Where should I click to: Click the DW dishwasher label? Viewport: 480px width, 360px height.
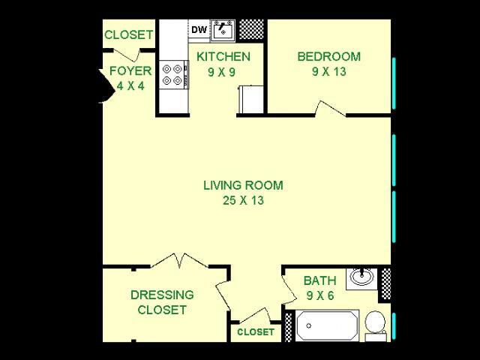point(199,30)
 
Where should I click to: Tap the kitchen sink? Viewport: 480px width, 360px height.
point(223,31)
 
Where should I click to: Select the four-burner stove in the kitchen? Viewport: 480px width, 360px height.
point(173,74)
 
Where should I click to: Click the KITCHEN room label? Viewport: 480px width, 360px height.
point(223,56)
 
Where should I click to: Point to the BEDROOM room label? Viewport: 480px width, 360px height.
point(328,56)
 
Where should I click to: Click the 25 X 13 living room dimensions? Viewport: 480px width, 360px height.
point(243,200)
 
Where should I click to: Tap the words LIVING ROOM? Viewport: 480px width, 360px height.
point(243,185)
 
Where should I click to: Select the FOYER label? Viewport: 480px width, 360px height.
point(130,71)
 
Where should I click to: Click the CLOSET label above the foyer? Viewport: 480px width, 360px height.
point(129,34)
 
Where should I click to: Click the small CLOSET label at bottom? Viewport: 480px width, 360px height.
point(256,332)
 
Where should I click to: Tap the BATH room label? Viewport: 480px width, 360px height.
point(319,280)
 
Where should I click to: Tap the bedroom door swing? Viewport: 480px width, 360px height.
point(329,109)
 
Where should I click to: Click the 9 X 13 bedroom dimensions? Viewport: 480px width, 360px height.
point(328,72)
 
